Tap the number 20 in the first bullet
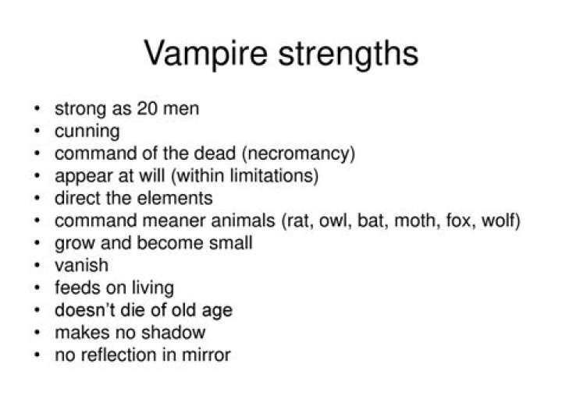(149, 108)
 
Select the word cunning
(87, 131)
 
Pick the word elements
(179, 198)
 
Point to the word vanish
(81, 266)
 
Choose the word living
(151, 288)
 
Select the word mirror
(206, 355)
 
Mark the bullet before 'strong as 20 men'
(38, 108)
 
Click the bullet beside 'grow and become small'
(38, 243)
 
